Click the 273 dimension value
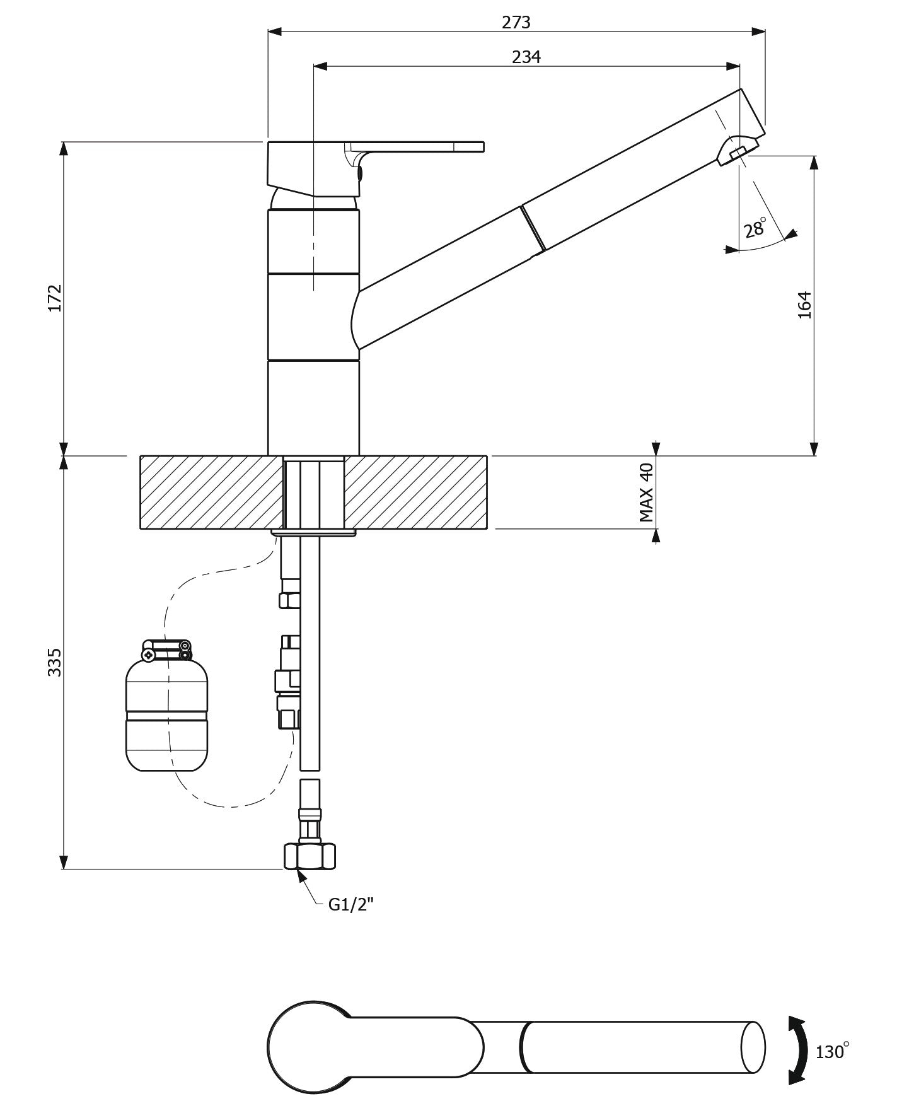click(x=516, y=23)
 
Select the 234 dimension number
click(x=526, y=57)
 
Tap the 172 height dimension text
click(x=55, y=298)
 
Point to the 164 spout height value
click(x=805, y=305)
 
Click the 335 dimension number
click(x=55, y=662)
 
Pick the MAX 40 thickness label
click(x=646, y=492)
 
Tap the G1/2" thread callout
click(x=351, y=905)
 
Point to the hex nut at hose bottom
click(x=309, y=856)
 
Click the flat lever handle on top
click(x=416, y=146)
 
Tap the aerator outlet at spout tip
click(x=736, y=152)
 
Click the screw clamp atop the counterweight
click(x=166, y=650)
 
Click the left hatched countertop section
click(x=211, y=492)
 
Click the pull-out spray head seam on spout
click(x=533, y=228)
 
